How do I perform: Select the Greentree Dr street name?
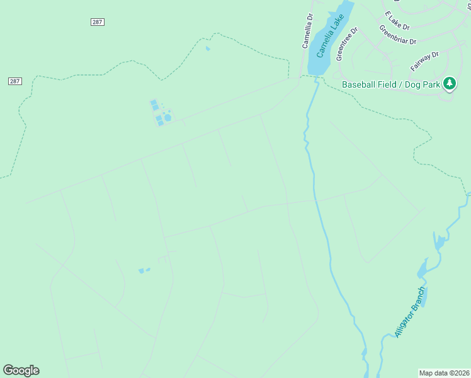pyautogui.click(x=346, y=43)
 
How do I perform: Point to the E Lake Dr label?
pyautogui.click(x=397, y=21)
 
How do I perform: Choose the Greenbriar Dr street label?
pyautogui.click(x=397, y=35)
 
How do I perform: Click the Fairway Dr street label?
pyautogui.click(x=424, y=61)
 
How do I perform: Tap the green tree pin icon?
pyautogui.click(x=450, y=83)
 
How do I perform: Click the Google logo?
pyautogui.click(x=21, y=370)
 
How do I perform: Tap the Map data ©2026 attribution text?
pyautogui.click(x=444, y=373)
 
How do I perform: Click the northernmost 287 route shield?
pyautogui.click(x=97, y=22)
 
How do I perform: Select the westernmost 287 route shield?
pyautogui.click(x=15, y=81)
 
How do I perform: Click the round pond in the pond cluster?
pyautogui.click(x=168, y=117)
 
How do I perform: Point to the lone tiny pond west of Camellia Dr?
pyautogui.click(x=207, y=49)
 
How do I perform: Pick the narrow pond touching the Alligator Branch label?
pyautogui.click(x=421, y=297)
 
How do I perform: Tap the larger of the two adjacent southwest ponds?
pyautogui.click(x=141, y=271)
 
